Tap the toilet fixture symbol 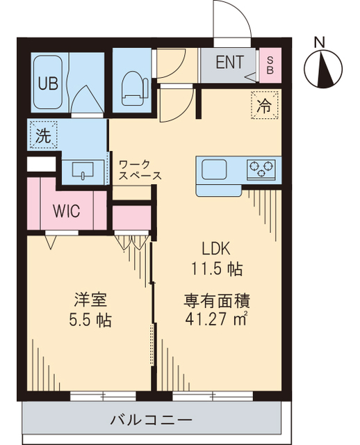[133, 87]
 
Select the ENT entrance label [229, 63]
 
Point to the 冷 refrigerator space [264, 106]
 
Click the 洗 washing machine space [43, 136]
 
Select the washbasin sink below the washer [85, 171]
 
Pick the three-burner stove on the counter [261, 168]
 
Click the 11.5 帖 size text [217, 268]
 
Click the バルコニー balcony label [151, 421]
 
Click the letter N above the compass [320, 42]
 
